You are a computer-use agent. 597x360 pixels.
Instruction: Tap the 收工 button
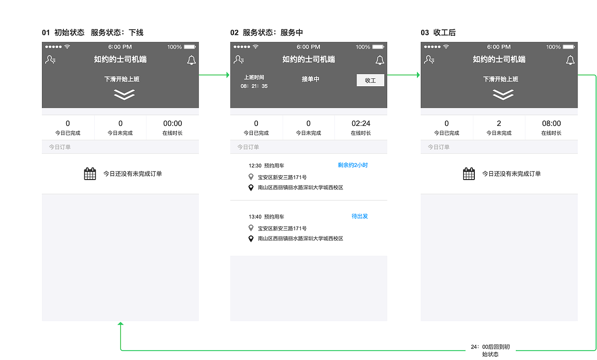click(x=370, y=80)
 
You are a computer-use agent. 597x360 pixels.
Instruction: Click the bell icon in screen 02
click(x=380, y=60)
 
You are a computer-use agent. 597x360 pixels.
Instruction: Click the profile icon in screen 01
click(x=50, y=60)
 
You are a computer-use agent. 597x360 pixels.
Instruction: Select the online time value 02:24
click(x=361, y=124)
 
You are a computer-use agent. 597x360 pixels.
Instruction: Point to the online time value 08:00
click(x=551, y=124)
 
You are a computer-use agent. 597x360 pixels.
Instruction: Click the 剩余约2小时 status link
click(x=353, y=165)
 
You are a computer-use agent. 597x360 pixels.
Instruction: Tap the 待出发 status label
click(x=360, y=216)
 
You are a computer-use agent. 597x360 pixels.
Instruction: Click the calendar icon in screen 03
click(x=469, y=174)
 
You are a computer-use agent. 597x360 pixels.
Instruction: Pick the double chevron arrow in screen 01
click(x=124, y=94)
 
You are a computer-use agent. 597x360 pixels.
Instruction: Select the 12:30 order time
click(x=255, y=166)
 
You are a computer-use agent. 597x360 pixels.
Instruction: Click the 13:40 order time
click(x=255, y=217)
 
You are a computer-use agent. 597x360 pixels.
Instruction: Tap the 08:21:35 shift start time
click(x=254, y=86)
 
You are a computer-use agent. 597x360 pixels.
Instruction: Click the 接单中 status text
click(x=310, y=79)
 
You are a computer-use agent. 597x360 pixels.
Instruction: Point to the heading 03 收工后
click(x=438, y=33)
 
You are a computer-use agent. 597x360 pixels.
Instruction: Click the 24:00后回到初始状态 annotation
click(x=490, y=351)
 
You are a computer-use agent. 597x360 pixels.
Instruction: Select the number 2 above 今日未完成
click(x=499, y=124)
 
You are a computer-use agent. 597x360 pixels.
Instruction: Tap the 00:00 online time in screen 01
click(x=173, y=124)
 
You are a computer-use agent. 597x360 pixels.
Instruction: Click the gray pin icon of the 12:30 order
click(x=251, y=177)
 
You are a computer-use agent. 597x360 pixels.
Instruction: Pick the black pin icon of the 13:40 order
click(x=251, y=239)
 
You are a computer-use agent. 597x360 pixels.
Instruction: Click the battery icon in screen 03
click(x=568, y=47)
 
